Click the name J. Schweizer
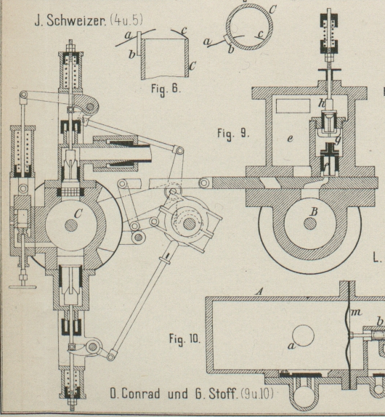point(70,20)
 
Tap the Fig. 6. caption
point(166,89)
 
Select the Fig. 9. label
point(233,133)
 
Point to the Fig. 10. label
point(185,339)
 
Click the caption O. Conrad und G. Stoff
point(174,394)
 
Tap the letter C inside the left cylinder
point(78,213)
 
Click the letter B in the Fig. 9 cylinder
point(314,211)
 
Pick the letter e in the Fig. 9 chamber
point(290,138)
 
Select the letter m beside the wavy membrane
point(356,312)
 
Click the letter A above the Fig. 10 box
point(259,292)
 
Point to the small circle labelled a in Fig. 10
point(304,336)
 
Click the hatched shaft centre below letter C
point(71,225)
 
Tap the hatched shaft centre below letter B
point(310,224)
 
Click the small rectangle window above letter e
point(293,106)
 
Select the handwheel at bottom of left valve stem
point(23,287)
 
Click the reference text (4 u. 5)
point(126,20)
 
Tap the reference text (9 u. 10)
point(257,394)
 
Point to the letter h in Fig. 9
point(322,102)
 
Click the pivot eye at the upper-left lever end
point(24,94)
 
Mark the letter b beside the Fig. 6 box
point(132,54)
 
